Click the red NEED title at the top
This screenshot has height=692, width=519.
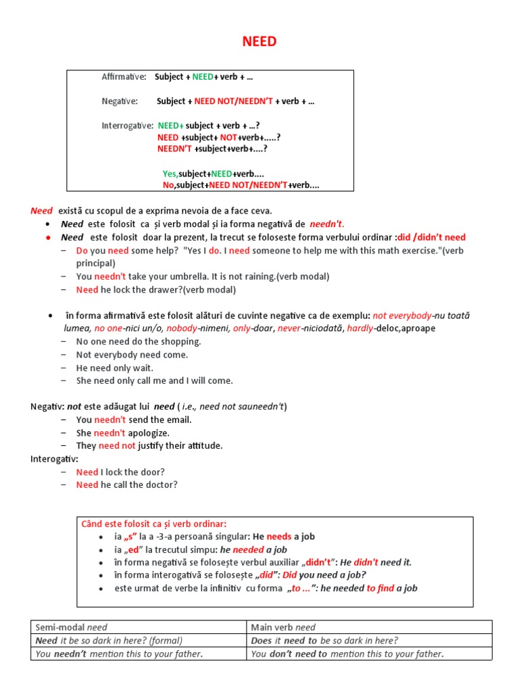tap(259, 42)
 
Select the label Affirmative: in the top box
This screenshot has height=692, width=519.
tap(124, 76)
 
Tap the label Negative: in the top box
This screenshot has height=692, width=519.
tap(120, 101)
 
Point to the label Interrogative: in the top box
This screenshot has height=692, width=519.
tap(127, 126)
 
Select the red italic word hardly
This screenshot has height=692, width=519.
tap(360, 328)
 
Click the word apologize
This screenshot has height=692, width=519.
tap(149, 432)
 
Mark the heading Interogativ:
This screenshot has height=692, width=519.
tap(54, 459)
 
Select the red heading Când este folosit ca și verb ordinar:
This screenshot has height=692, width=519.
tap(154, 524)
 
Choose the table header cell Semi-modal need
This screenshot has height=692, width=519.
tap(71, 627)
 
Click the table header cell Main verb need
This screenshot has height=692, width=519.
tap(283, 627)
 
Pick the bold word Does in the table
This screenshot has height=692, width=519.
tap(261, 641)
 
